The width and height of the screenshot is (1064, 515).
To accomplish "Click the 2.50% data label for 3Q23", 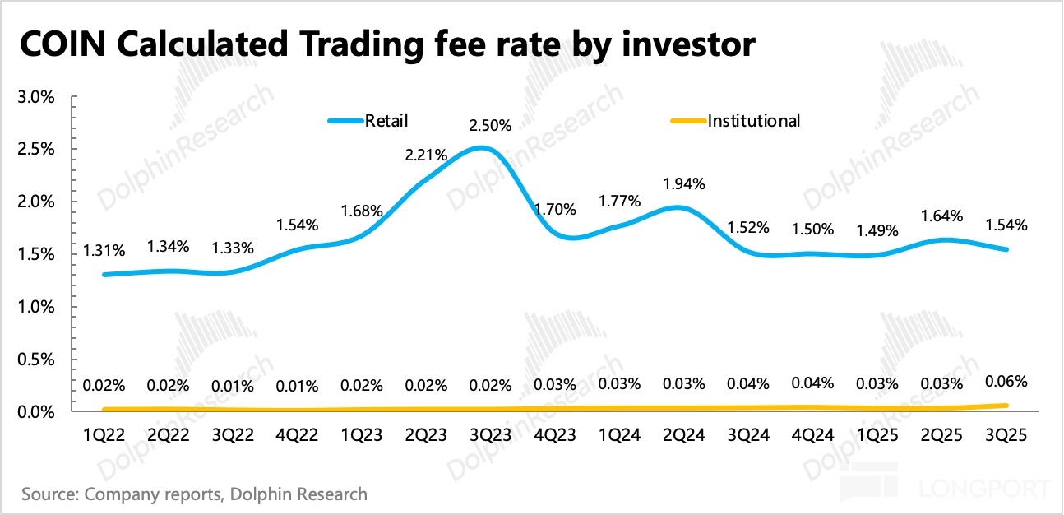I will pos(490,126).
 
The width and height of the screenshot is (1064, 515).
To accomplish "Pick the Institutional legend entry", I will pos(753,120).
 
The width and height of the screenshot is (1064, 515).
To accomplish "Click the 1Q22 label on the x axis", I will pos(104,435).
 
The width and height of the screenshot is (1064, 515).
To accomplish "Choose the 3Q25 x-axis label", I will pos(1006,435).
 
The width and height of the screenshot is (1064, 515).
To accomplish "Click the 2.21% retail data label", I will pos(427,154).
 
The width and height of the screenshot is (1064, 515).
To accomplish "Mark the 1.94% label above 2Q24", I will pos(685,183).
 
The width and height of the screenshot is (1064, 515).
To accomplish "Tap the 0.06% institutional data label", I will pos(1007,381).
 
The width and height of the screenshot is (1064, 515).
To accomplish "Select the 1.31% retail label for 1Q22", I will pos(104,251).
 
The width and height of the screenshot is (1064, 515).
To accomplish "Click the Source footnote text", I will pos(194,494).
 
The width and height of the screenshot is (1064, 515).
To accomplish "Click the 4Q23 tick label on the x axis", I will pos(556,435).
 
